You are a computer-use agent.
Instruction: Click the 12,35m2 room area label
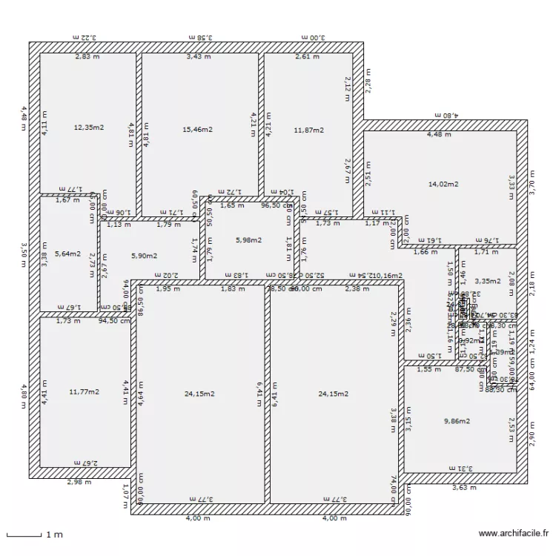pos(88,127)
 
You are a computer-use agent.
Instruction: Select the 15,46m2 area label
pos(198,130)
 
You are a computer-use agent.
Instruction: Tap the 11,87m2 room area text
pos(308,130)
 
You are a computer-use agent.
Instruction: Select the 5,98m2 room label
pos(249,239)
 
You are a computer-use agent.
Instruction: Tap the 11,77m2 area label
pos(84,391)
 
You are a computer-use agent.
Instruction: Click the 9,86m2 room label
pos(457,421)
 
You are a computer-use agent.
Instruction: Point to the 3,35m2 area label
pos(487,281)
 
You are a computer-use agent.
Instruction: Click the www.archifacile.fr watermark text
pos(514,532)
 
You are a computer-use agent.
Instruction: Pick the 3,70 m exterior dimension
pos(532,182)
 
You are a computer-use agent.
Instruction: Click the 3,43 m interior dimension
pos(198,56)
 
